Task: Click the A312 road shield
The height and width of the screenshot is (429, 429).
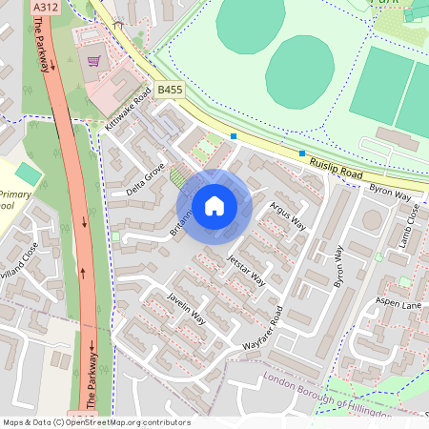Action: click(43, 7)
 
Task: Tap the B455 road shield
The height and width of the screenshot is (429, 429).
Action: click(170, 89)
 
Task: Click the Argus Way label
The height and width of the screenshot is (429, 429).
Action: click(287, 216)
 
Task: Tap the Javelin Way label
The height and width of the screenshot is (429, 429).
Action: click(186, 303)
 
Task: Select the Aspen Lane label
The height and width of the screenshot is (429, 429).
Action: click(398, 302)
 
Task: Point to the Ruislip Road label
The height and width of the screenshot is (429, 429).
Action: click(337, 172)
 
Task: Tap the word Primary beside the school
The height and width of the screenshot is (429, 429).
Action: click(10, 194)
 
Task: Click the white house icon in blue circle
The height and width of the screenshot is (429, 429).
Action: click(214, 205)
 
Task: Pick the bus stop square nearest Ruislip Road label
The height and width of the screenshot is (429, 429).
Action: click(302, 153)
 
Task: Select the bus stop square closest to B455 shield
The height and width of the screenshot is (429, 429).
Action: click(234, 135)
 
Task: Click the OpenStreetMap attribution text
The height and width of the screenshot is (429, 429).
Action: click(95, 422)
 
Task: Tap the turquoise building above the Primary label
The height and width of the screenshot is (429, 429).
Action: click(29, 174)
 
